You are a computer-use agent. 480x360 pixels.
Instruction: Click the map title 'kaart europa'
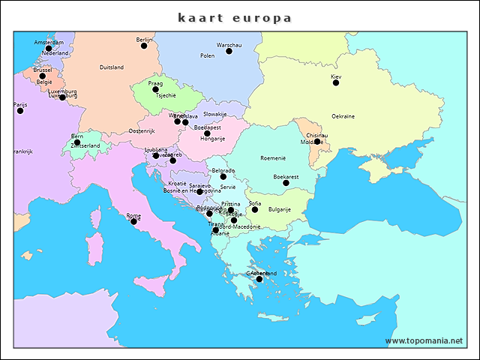pos(235,17)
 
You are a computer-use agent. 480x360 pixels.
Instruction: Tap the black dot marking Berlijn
pos(144,46)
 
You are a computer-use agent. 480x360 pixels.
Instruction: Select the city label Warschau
pos(229,45)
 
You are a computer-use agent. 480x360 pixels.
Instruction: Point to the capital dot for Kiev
pos(336,82)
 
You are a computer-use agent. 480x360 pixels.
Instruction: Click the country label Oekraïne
pos(343,116)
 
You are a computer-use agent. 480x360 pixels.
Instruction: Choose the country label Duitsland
pos(111,67)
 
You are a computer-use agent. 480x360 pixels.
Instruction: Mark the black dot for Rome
pos(133,221)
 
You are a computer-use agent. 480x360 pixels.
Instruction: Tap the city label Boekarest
pos(286,176)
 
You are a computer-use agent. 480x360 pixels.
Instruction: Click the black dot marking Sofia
pos(255,209)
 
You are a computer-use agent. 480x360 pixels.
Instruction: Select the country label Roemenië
pos(273,158)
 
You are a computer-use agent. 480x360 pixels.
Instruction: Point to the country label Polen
pos(208,55)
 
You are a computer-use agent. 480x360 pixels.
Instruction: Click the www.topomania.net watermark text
pos(424,341)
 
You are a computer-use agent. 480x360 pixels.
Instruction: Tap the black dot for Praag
pos(155,89)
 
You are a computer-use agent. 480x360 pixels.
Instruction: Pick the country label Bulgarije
pos(280,209)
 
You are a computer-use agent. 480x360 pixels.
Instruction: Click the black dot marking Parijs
pos(20,110)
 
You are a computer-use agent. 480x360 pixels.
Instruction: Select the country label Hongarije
pos(212,139)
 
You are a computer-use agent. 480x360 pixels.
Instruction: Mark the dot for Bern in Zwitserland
pos(76,142)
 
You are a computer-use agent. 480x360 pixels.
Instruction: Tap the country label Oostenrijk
pos(141,131)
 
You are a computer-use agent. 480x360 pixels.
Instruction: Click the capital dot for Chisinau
pos(316,141)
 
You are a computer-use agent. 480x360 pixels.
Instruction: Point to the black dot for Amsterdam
pos(49,48)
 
